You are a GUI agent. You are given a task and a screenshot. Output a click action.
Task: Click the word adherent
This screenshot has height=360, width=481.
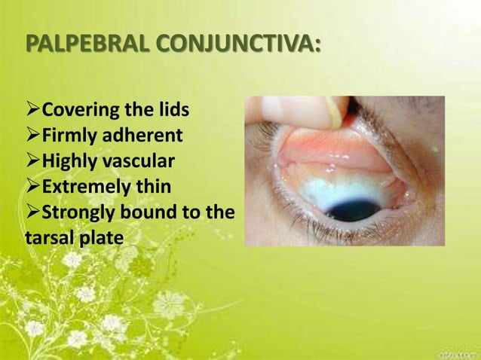pyautogui.click(x=142, y=137)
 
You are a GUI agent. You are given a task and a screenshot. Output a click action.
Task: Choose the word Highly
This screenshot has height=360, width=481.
pyautogui.click(x=69, y=162)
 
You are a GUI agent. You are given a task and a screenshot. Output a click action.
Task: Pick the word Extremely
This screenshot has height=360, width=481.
pyautogui.click(x=83, y=186)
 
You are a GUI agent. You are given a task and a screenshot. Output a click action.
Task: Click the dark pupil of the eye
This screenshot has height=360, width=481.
pyautogui.click(x=354, y=208)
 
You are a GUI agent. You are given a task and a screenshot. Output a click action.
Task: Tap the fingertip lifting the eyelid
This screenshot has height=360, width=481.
pyautogui.click(x=317, y=110)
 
